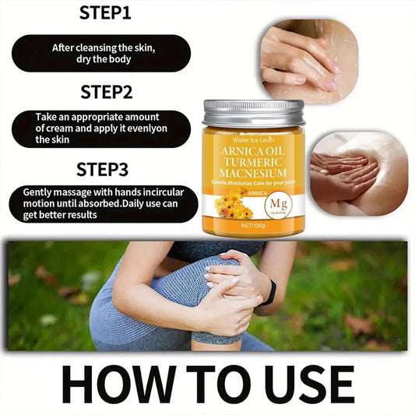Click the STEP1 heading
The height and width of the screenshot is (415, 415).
105,13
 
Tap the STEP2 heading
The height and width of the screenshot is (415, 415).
105,92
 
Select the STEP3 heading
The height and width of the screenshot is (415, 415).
102,169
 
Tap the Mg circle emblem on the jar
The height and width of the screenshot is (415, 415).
276,206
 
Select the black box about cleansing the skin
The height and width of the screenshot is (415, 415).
100,53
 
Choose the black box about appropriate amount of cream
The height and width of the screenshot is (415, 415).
100,128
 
